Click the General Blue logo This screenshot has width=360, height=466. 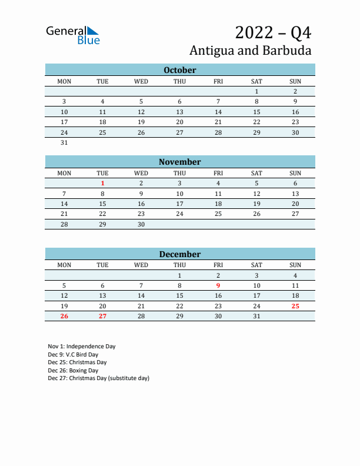pos(73,35)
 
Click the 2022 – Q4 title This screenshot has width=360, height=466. pos(273,32)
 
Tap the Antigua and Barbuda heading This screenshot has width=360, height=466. pos(251,51)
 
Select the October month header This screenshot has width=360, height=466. pos(180,70)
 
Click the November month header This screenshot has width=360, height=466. pos(180,162)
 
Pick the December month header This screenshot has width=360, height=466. pos(180,254)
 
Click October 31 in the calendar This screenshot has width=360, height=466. pos(65,142)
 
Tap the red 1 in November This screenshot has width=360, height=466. pos(103,184)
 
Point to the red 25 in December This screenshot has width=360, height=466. pos(295,306)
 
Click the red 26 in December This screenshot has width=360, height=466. pos(65,317)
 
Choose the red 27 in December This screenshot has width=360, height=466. pos(103,317)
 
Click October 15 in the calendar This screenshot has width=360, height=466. pos(256,112)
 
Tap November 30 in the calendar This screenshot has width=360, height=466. pos(141,224)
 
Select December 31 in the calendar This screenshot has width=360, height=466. pos(256,317)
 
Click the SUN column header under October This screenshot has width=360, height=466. pos(295,81)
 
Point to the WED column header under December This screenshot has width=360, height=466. pos(141,265)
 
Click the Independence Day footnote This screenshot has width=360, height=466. pos(82,347)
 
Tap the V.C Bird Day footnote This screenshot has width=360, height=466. pos(73,355)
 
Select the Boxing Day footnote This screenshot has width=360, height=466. pos(73,371)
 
